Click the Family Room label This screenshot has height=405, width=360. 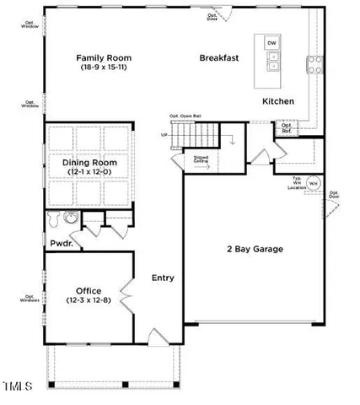pyautogui.click(x=105, y=57)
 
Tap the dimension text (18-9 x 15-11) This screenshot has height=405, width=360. pyautogui.click(x=105, y=67)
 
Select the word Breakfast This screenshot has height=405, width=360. pyautogui.click(x=221, y=57)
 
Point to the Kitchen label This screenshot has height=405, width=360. pyautogui.click(x=277, y=101)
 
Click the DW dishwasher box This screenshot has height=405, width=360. pyautogui.click(x=271, y=42)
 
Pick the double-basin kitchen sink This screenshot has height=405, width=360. pyautogui.click(x=271, y=61)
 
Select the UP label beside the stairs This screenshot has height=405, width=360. pyautogui.click(x=164, y=134)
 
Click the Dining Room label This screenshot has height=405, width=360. pyautogui.click(x=89, y=162)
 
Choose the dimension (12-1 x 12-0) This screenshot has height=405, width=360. pyautogui.click(x=89, y=172)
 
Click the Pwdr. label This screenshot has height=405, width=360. pyautogui.click(x=61, y=243)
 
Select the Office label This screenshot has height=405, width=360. pyautogui.click(x=89, y=290)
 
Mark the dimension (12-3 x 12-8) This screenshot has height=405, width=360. pyautogui.click(x=89, y=300)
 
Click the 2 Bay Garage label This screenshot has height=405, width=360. pyautogui.click(x=255, y=249)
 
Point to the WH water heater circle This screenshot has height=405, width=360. pyautogui.click(x=312, y=182)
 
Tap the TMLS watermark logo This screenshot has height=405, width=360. pyautogui.click(x=17, y=387)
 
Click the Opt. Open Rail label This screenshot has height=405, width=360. pyautogui.click(x=185, y=116)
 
